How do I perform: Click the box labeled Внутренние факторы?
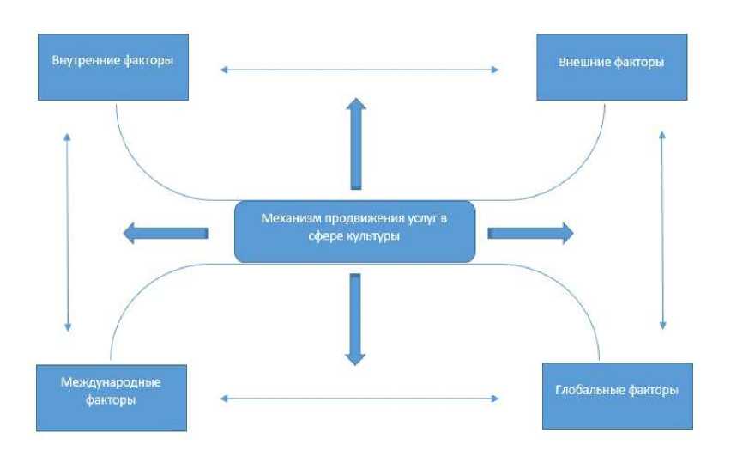pos(112,67)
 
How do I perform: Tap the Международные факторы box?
pos(112,396)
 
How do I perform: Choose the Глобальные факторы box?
pos(617,393)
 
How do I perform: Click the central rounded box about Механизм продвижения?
pos(355,229)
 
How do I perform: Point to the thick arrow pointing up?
pos(354,143)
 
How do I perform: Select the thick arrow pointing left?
pos(166,232)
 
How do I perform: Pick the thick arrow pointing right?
pos(531,232)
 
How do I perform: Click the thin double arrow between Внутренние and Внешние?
pos(359,69)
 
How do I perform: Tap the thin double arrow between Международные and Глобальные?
pos(359,398)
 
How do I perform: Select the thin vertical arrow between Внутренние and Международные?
pos(66,232)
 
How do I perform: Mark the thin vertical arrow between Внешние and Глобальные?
pos(661,230)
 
